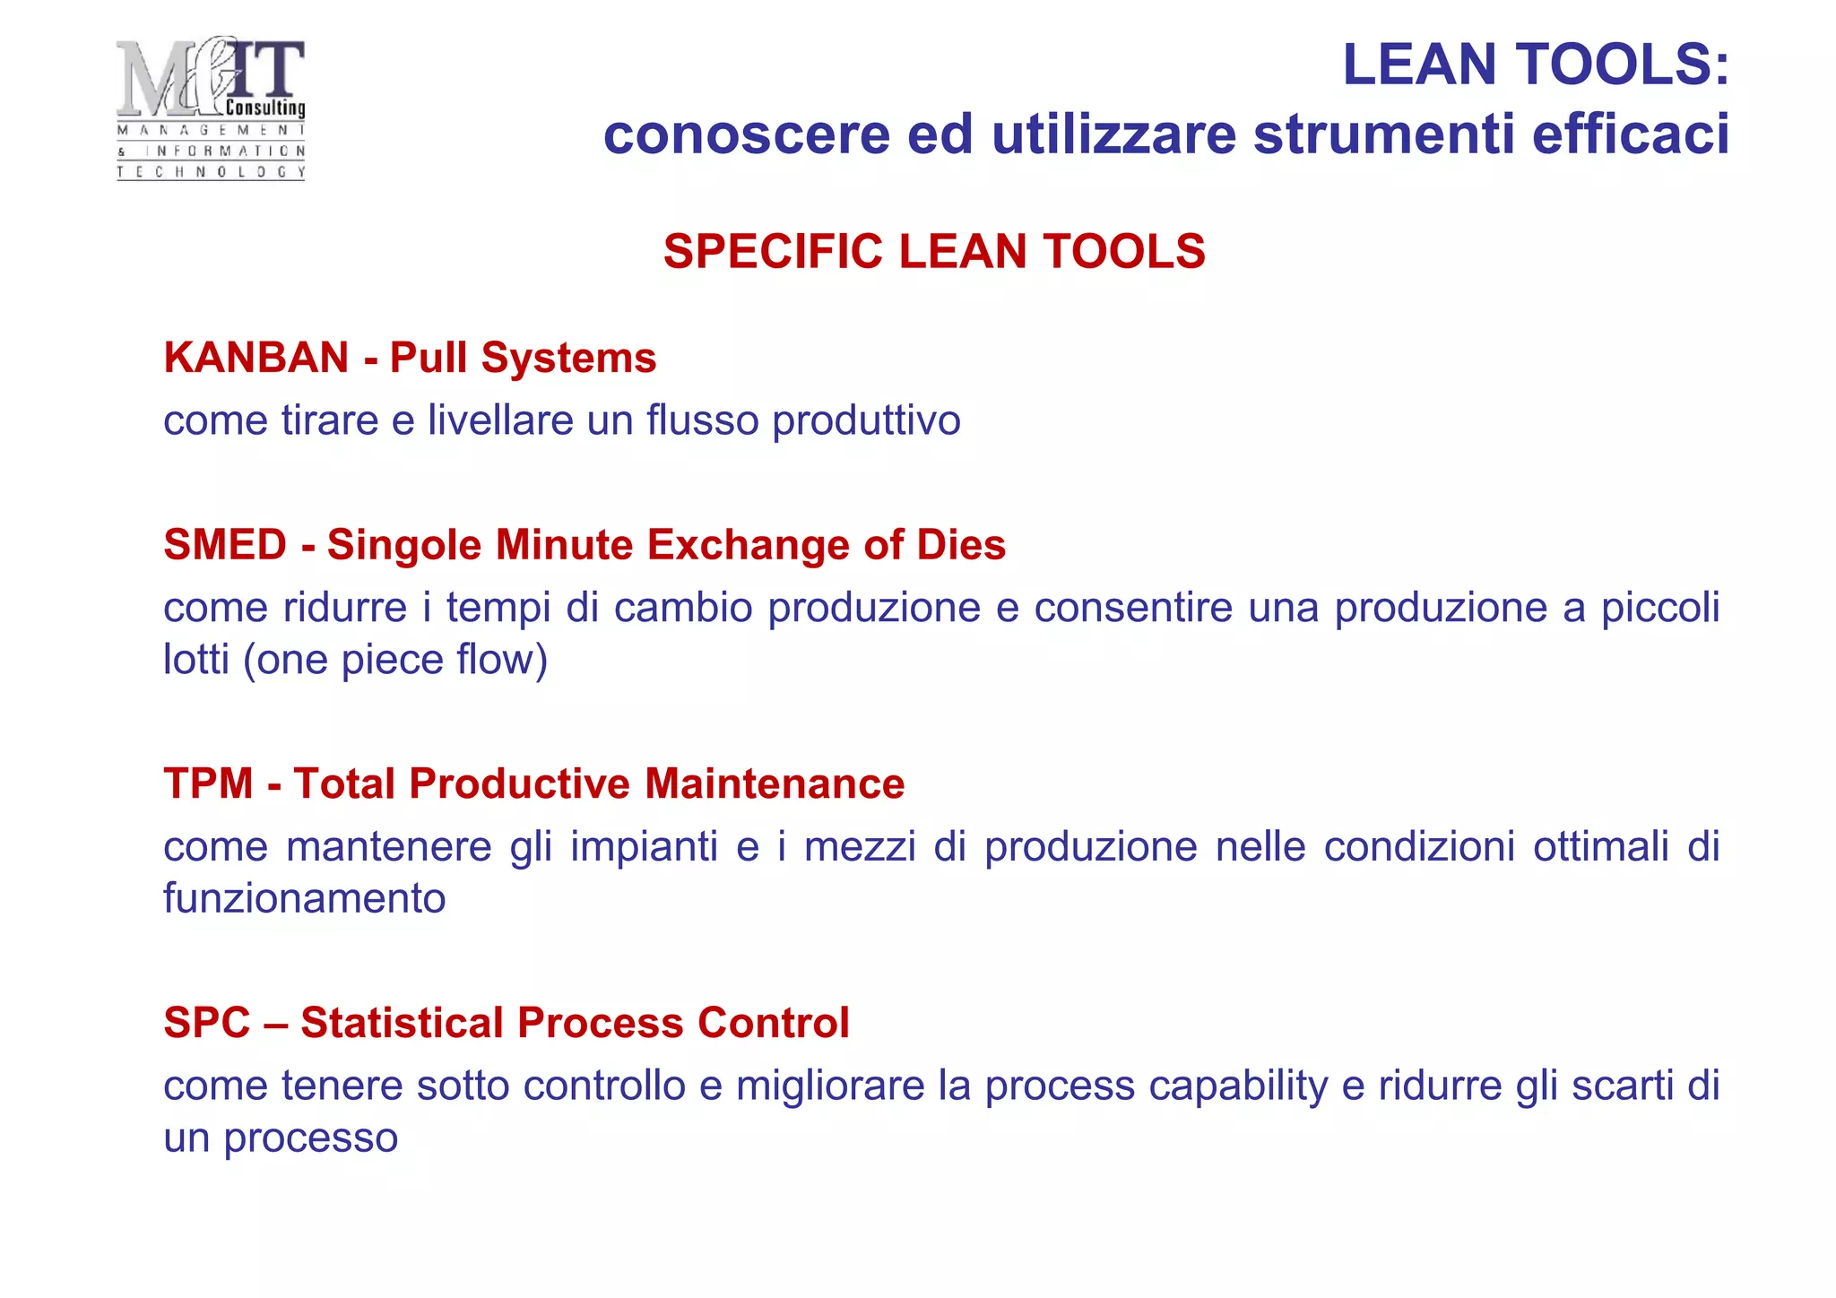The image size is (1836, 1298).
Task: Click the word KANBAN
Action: point(256,358)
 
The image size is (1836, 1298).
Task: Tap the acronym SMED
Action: point(225,545)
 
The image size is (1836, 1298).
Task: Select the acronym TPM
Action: point(208,783)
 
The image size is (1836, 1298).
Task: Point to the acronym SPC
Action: point(206,1023)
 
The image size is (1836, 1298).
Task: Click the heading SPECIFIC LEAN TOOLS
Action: point(934,251)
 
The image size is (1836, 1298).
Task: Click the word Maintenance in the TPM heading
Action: point(775,783)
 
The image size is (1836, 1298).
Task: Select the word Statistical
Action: point(402,1023)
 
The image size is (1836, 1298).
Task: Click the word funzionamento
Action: point(305,899)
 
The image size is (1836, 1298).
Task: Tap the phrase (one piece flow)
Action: point(395,661)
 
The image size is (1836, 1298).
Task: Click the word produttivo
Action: point(866,421)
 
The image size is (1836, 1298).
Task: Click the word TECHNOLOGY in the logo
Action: point(211,171)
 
